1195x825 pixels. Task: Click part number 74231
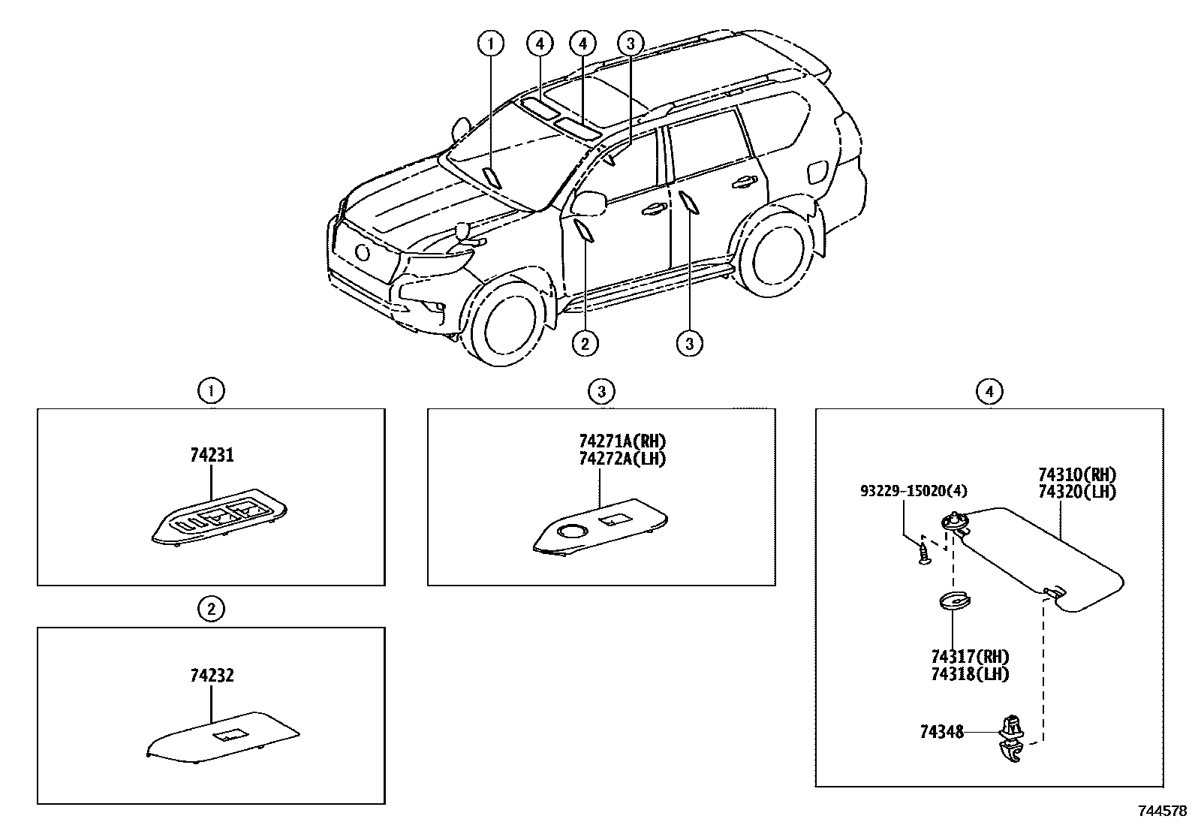coord(211,456)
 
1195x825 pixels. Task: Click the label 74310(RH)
coord(1077,475)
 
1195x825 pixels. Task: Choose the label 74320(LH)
coord(1077,492)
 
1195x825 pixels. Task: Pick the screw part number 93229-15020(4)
coord(914,491)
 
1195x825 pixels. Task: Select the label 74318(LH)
coord(969,674)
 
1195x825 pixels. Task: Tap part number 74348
coord(941,730)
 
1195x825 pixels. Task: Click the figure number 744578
coord(1163,811)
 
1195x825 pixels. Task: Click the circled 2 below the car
coord(585,344)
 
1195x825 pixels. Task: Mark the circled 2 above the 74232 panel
coord(211,609)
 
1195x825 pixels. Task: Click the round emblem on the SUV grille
coord(363,253)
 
